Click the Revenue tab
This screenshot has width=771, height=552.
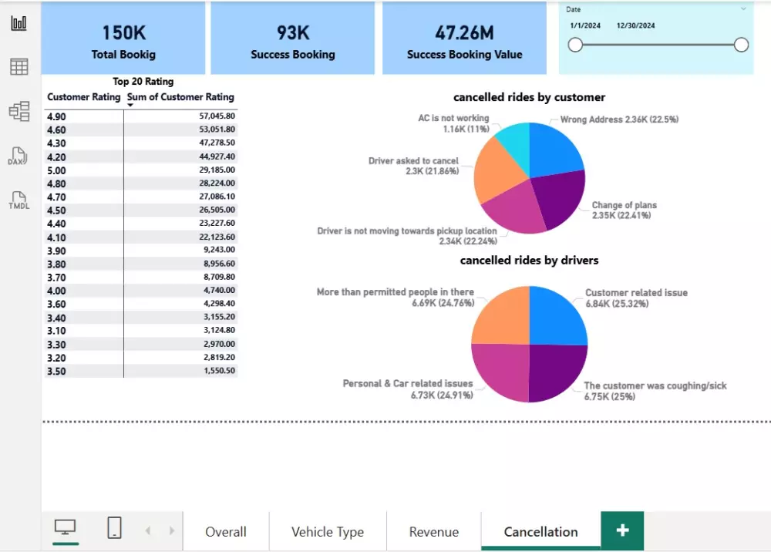pyautogui.click(x=433, y=532)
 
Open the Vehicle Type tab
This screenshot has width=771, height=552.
pyautogui.click(x=327, y=532)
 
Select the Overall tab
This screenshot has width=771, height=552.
pyautogui.click(x=225, y=532)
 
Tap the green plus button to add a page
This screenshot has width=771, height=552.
pyautogui.click(x=622, y=530)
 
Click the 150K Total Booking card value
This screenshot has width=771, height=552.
pyautogui.click(x=123, y=33)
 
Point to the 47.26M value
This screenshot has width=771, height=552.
pyautogui.click(x=464, y=33)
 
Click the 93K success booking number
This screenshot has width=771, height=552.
pyautogui.click(x=292, y=33)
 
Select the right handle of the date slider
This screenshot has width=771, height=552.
pyautogui.click(x=741, y=45)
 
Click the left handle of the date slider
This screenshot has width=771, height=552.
pyautogui.click(x=575, y=45)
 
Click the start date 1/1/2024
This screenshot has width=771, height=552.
pyautogui.click(x=585, y=25)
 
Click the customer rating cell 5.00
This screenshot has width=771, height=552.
pyautogui.click(x=56, y=170)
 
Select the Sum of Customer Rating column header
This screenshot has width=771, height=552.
pyautogui.click(x=180, y=97)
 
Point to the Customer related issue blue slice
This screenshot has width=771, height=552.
pyautogui.click(x=557, y=316)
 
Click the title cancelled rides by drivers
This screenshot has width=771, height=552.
pyautogui.click(x=529, y=261)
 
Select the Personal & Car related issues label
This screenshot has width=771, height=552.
pyautogui.click(x=408, y=383)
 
